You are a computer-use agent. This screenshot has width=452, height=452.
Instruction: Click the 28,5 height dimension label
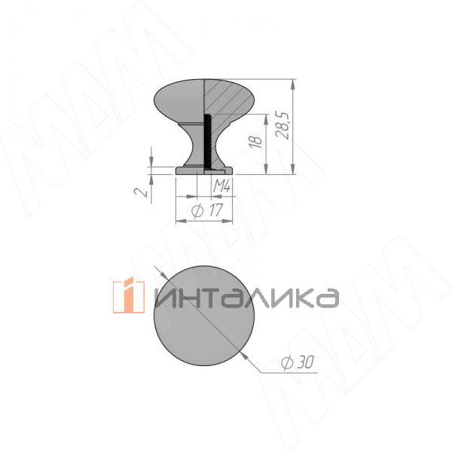[282, 125]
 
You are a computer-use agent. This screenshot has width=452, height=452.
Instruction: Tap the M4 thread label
[221, 186]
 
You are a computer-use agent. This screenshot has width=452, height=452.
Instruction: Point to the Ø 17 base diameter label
[207, 210]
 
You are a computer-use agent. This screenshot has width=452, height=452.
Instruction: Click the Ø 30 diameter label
[298, 362]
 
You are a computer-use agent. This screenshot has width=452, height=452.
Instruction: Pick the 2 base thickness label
[142, 191]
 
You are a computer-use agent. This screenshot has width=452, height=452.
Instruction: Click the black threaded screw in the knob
[207, 142]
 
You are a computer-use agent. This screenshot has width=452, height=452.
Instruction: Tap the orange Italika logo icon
[129, 295]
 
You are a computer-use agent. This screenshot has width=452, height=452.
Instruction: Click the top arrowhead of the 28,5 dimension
[293, 84]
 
